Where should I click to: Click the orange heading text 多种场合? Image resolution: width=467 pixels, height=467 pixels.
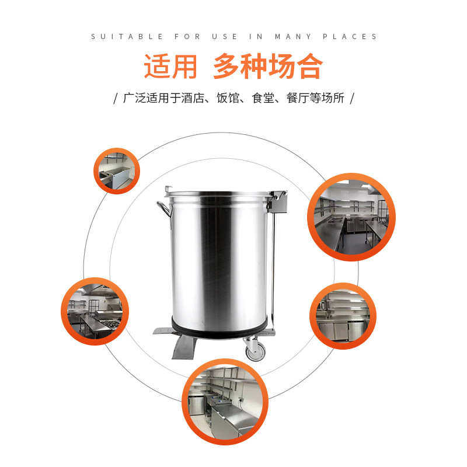(x=267, y=67)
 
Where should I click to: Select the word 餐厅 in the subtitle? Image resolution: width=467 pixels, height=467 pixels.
(x=297, y=97)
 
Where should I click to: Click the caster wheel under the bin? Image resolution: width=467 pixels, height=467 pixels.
(x=255, y=350)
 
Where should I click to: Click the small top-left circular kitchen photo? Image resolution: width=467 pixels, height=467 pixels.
(x=117, y=170)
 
